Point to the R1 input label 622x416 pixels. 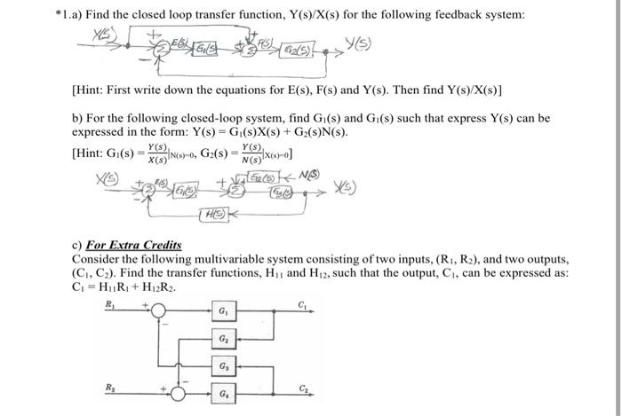pos(110,302)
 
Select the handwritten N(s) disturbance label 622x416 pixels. pos(310,174)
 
